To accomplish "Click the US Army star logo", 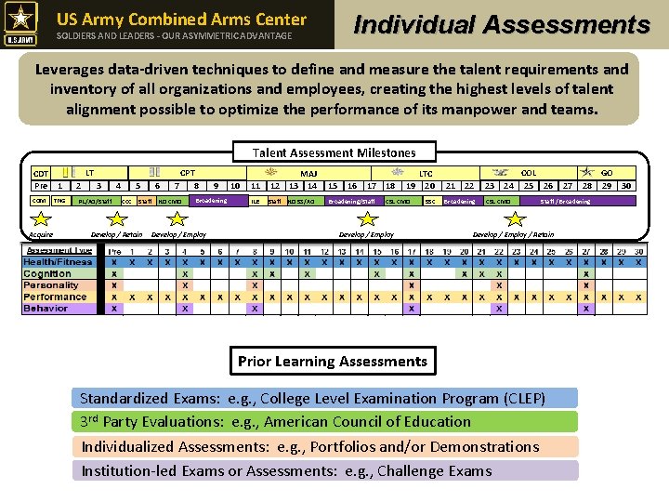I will click(21, 23).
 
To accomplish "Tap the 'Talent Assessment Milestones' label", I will click(334, 152).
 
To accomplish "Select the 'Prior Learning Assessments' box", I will click(333, 362).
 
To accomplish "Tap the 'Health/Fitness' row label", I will click(58, 262).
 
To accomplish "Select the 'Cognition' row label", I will click(47, 274).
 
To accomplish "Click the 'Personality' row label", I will click(51, 285).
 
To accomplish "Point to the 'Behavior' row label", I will click(46, 309).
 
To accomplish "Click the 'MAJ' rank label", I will click(308, 173).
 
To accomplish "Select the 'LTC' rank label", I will click(426, 174).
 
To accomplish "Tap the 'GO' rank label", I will click(607, 173).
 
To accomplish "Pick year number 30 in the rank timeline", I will click(626, 186).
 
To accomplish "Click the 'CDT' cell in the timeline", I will click(41, 174).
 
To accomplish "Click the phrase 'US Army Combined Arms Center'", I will click(181, 19).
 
